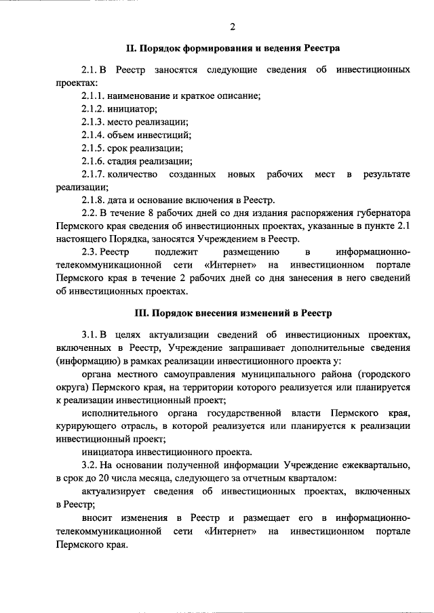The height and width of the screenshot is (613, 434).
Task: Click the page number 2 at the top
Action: (x=232, y=26)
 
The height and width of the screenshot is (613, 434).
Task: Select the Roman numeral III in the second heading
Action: (x=142, y=313)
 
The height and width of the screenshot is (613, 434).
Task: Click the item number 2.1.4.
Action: (x=93, y=135)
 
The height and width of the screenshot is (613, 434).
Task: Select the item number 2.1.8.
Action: (x=93, y=200)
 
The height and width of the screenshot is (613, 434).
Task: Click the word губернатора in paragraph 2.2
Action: (x=382, y=213)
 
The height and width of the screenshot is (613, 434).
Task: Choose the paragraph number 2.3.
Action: (x=90, y=253)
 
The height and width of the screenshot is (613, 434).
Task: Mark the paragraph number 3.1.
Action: (x=90, y=335)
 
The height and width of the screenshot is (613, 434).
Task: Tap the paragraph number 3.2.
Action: (x=90, y=465)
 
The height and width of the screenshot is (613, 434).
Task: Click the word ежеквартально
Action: (x=374, y=465)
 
